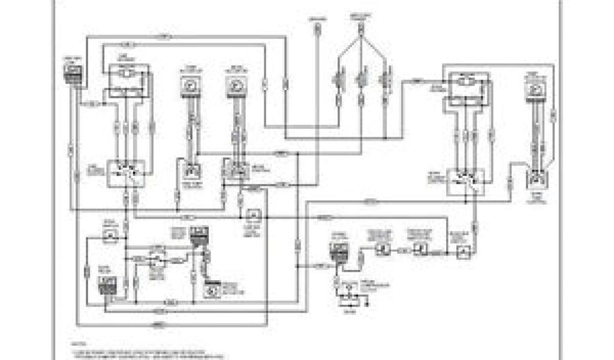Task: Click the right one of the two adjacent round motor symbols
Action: (235, 86)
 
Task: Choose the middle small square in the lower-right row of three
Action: (421, 248)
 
